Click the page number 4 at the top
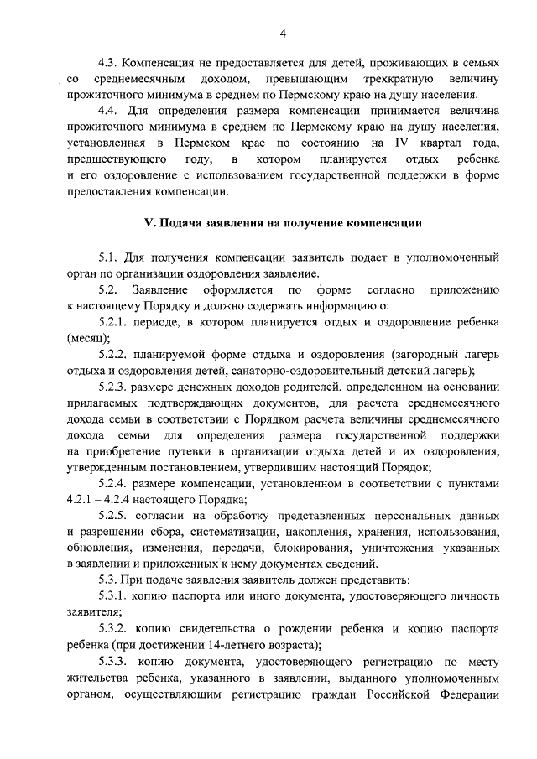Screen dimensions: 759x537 tap(283, 33)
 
